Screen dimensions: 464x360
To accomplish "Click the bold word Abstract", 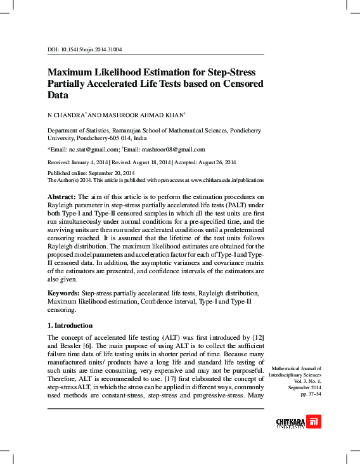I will pos(62,197).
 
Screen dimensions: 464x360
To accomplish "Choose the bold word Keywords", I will pos(64,293).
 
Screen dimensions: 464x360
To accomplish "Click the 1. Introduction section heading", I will pos(70,326).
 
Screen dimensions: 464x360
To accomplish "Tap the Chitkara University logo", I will pos(298,422).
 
